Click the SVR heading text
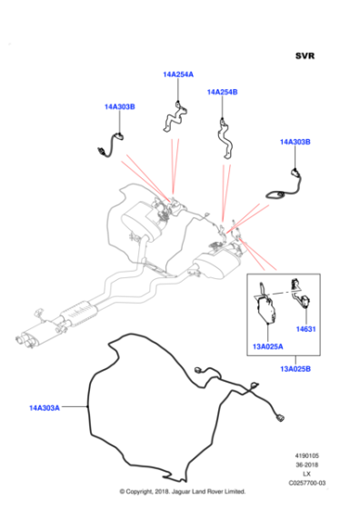click(305, 55)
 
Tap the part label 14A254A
click(178, 75)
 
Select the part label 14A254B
click(223, 92)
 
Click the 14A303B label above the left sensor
click(120, 106)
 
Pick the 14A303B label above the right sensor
click(295, 142)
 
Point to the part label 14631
click(305, 329)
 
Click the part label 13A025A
click(268, 346)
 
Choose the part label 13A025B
click(295, 369)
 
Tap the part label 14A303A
click(45, 408)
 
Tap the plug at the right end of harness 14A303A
click(279, 417)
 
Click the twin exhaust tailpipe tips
click(23, 339)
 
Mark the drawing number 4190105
click(306, 455)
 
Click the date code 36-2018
click(306, 464)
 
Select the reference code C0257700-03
click(307, 483)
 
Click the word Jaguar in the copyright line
click(180, 492)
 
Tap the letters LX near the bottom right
click(306, 474)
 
